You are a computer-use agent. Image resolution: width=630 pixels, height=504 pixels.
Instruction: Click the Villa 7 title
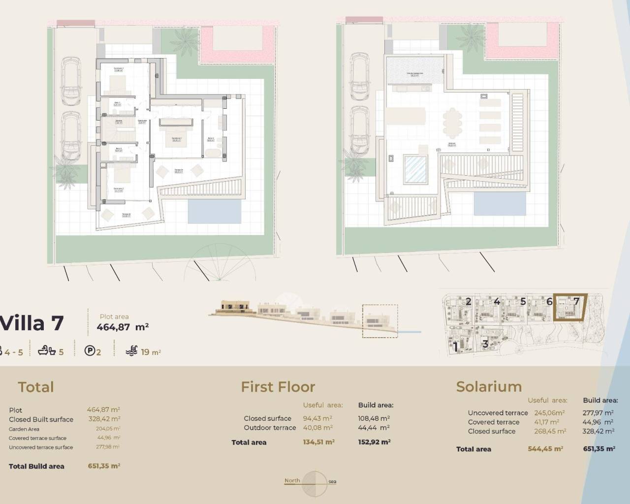point(32,323)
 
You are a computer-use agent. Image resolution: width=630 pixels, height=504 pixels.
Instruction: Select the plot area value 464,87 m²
point(123,327)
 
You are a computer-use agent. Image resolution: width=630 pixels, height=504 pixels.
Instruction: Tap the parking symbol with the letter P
point(90,351)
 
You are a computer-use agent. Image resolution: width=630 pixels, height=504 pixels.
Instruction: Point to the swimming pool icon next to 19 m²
point(131,351)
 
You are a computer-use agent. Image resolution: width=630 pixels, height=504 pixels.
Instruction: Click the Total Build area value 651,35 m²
point(104,466)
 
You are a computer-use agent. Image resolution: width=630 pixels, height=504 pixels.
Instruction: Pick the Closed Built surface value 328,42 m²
point(103,419)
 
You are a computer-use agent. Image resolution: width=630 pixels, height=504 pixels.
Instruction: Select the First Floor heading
point(278,387)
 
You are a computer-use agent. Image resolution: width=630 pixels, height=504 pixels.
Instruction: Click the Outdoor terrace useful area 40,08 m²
point(317,428)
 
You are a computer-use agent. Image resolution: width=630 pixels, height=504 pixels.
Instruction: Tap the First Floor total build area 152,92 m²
point(374,442)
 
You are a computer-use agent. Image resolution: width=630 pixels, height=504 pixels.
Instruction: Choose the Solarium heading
point(489,387)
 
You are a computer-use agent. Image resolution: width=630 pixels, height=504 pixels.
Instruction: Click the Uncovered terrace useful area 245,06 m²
point(549,413)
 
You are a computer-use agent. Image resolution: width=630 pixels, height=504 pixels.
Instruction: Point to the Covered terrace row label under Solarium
point(493,422)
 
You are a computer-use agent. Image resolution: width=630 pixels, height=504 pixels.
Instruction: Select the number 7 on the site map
point(576,301)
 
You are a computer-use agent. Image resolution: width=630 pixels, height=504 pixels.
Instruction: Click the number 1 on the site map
point(456,346)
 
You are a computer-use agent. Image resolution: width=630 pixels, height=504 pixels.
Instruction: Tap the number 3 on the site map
point(485,344)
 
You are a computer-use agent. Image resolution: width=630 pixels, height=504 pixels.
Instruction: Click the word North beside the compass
point(292,480)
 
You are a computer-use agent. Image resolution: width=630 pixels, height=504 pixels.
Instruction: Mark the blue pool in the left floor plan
point(216,211)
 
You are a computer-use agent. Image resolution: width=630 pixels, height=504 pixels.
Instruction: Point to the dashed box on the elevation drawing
point(379,320)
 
